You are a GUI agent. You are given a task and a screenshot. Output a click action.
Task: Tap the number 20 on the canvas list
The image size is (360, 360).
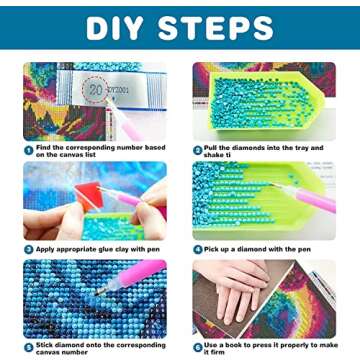(96, 88)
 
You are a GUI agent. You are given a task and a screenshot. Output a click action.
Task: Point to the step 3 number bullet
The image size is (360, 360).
(28, 248)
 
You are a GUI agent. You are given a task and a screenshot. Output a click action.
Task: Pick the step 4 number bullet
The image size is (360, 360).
(197, 248)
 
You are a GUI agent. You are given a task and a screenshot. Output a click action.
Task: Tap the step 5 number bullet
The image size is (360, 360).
(28, 346)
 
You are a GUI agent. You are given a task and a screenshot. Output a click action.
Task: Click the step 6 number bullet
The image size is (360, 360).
(197, 347)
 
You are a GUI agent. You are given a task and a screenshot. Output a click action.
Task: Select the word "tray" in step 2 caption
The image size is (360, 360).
(297, 147)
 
